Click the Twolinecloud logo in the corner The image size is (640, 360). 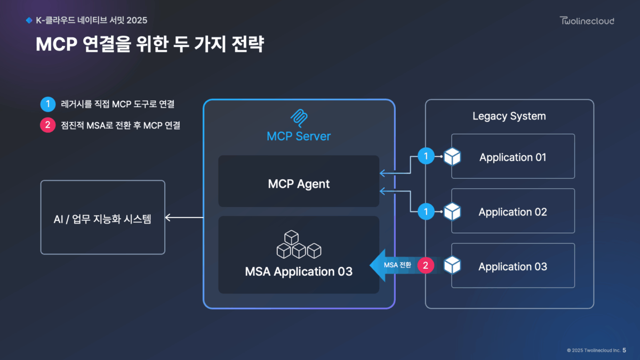coord(587,21)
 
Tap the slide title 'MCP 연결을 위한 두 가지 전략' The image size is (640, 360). coord(150,44)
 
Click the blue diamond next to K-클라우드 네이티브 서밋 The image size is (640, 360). coord(29,21)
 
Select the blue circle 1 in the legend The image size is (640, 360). coord(47,103)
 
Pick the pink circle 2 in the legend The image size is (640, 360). coord(47,126)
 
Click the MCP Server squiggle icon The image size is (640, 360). coord(299,117)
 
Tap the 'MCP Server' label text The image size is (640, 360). coord(299,136)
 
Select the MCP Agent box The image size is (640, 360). coord(299,181)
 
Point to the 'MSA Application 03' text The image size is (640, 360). coord(299,271)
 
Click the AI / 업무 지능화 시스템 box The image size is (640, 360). coord(103,218)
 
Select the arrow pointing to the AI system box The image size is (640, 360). coord(184,218)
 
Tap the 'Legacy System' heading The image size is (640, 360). coord(509,116)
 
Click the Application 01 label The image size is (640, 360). coord(513,157)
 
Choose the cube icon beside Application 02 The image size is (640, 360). coord(452,212)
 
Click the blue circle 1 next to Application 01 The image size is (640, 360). coord(426,156)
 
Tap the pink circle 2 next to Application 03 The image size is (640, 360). coord(426,265)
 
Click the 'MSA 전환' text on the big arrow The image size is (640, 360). coord(397,265)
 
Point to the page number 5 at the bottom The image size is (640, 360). coord(625,350)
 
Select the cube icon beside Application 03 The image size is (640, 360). coord(452,265)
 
